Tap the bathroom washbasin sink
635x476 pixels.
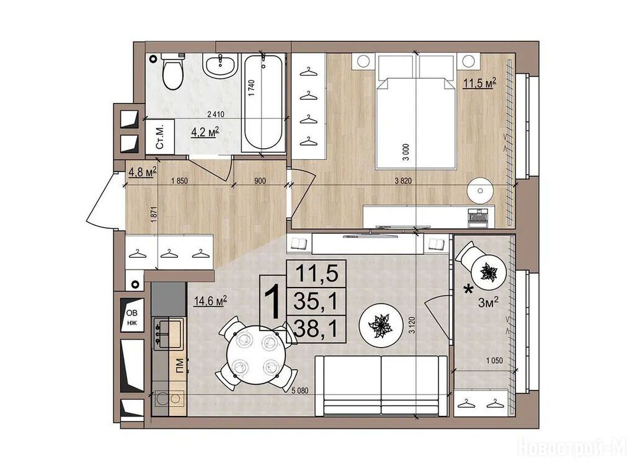(220, 66)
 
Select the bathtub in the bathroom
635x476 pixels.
(263, 104)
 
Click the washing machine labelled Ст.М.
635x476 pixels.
(160, 137)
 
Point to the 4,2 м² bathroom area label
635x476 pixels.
(205, 132)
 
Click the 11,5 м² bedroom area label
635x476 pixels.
(480, 84)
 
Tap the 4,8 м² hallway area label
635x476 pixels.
(143, 172)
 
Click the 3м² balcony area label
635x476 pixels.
(488, 302)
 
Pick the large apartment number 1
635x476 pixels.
(273, 302)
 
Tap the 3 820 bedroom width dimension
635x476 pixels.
(403, 181)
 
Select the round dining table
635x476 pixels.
(252, 355)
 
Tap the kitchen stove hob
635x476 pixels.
(167, 333)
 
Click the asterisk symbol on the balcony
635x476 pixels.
(469, 290)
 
